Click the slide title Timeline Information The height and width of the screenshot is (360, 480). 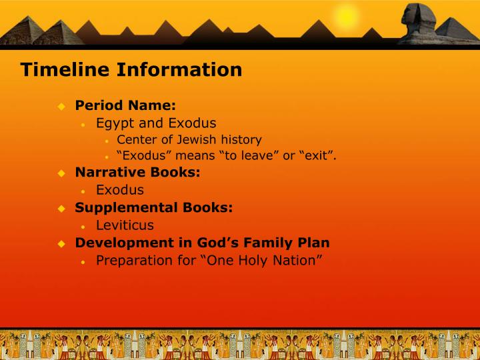pos(131,69)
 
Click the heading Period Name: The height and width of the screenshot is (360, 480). pos(125,105)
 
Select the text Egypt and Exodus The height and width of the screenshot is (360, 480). pos(156,123)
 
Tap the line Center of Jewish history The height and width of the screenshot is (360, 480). pos(189,140)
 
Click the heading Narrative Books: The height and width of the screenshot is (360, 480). pos(137,173)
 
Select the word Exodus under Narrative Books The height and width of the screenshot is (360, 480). pos(120,190)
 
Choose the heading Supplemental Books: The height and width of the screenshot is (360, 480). pos(154,207)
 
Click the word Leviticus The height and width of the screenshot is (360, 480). pos(125,225)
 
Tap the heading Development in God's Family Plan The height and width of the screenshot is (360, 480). pos(202,243)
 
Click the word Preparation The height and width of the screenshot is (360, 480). pos(136,261)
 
